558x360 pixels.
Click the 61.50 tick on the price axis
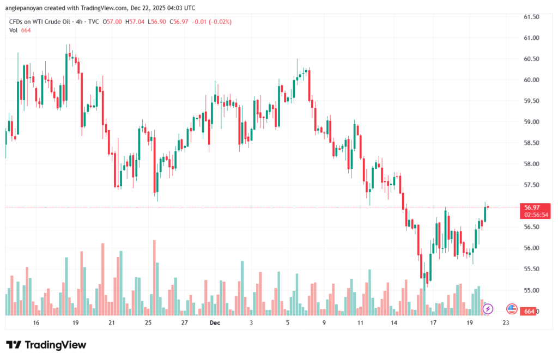pos(531,17)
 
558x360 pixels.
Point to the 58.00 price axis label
pos(531,164)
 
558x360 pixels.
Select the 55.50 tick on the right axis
pos(531,269)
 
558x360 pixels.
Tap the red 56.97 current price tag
pos(532,208)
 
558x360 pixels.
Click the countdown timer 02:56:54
pos(536,215)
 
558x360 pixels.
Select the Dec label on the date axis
pos(214,323)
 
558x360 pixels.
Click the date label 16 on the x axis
pos(36,323)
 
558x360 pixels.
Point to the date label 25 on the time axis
pos(148,323)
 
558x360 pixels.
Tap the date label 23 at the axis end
pos(506,323)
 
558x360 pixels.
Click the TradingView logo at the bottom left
pos(46,345)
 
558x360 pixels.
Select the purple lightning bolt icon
pos(488,309)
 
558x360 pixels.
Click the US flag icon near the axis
pos(512,309)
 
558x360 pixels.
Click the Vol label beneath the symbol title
pos(13,30)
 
